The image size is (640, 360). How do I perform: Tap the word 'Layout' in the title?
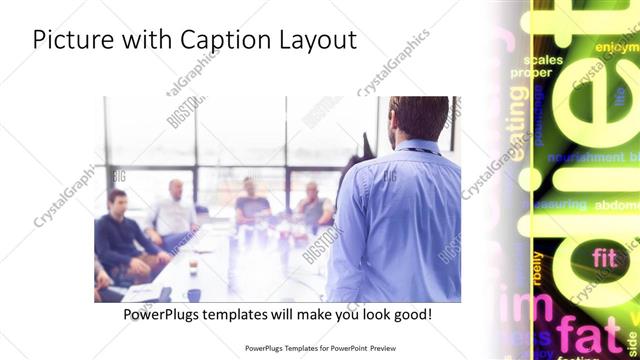315,40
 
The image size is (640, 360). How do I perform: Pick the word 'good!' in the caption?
410,314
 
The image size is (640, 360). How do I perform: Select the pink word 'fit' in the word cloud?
604,257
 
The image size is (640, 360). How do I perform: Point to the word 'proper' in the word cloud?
531,73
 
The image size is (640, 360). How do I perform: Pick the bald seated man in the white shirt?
174,209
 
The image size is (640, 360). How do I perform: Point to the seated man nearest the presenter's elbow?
315,204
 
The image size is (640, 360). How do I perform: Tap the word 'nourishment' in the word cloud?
586,158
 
